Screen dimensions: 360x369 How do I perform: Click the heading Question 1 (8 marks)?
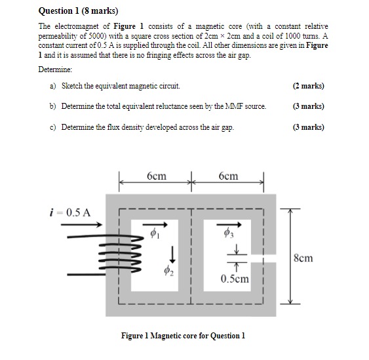73,11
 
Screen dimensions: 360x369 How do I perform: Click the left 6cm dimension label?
156,176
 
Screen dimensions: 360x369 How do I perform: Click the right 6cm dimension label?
228,176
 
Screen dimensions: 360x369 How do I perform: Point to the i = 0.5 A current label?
71,212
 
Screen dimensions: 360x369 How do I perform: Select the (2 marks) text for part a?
309,86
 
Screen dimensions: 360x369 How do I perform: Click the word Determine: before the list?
56,69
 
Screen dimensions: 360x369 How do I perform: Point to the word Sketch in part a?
73,86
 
